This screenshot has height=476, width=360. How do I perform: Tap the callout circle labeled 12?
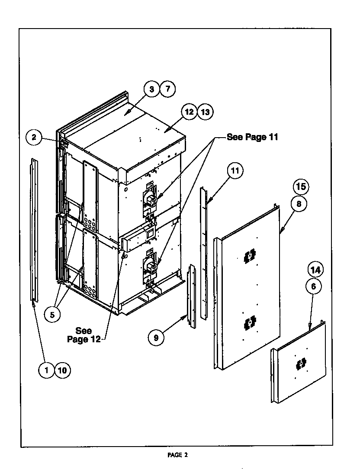(189, 112)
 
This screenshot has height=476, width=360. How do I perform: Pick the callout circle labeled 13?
(205, 112)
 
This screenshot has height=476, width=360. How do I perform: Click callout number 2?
(34, 138)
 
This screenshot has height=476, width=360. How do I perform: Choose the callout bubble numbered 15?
(302, 187)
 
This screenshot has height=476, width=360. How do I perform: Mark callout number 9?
(156, 338)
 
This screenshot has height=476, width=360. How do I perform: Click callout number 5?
(52, 315)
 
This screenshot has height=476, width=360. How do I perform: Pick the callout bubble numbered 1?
(46, 370)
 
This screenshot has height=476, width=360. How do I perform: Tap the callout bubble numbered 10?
(62, 370)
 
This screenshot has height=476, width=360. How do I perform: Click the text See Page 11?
(252, 138)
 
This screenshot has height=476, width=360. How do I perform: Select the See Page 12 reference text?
(84, 335)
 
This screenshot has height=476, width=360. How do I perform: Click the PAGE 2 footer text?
(178, 455)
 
